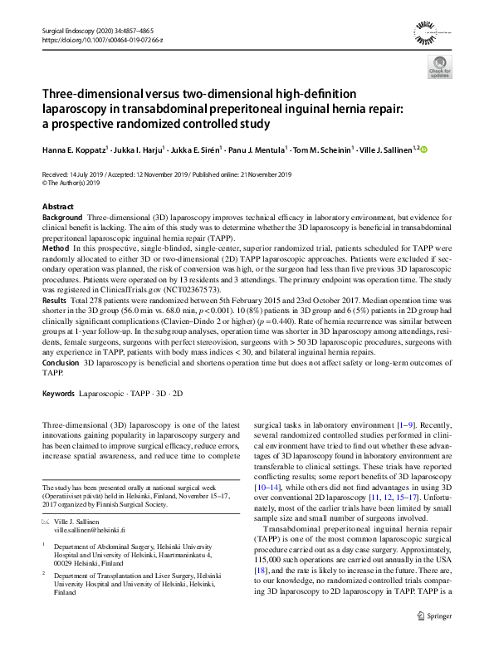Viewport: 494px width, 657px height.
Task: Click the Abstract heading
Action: click(x=58, y=206)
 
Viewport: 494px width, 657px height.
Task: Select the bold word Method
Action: click(x=55, y=248)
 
